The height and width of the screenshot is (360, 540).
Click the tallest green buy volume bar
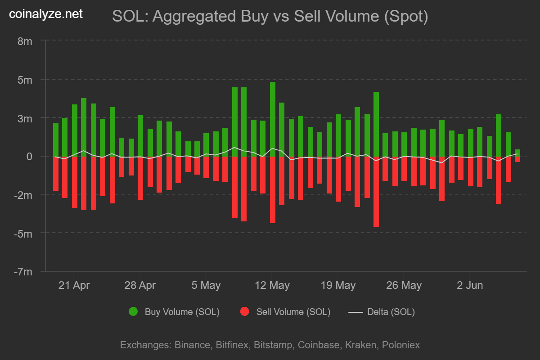pyautogui.click(x=273, y=119)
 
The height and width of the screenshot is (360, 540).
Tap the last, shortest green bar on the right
pyautogui.click(x=517, y=153)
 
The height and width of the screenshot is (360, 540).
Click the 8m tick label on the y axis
pyautogui.click(x=25, y=41)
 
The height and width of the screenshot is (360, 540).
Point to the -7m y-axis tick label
pyautogui.click(x=24, y=272)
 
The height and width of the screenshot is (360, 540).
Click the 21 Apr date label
pyautogui.click(x=74, y=285)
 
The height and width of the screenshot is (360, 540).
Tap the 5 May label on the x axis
pyautogui.click(x=206, y=285)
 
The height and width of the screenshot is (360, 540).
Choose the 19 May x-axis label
pyautogui.click(x=338, y=285)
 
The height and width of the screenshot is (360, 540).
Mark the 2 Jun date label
pyautogui.click(x=470, y=285)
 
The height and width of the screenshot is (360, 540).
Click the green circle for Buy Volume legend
pyautogui.click(x=133, y=311)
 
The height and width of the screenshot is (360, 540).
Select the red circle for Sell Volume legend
pyautogui.click(x=245, y=311)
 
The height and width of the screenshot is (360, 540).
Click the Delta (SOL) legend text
pyautogui.click(x=391, y=311)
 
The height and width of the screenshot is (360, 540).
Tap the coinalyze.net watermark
pyautogui.click(x=46, y=14)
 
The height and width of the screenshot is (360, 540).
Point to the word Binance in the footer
pyautogui.click(x=192, y=345)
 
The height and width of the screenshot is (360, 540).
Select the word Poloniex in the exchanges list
pyautogui.click(x=401, y=345)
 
